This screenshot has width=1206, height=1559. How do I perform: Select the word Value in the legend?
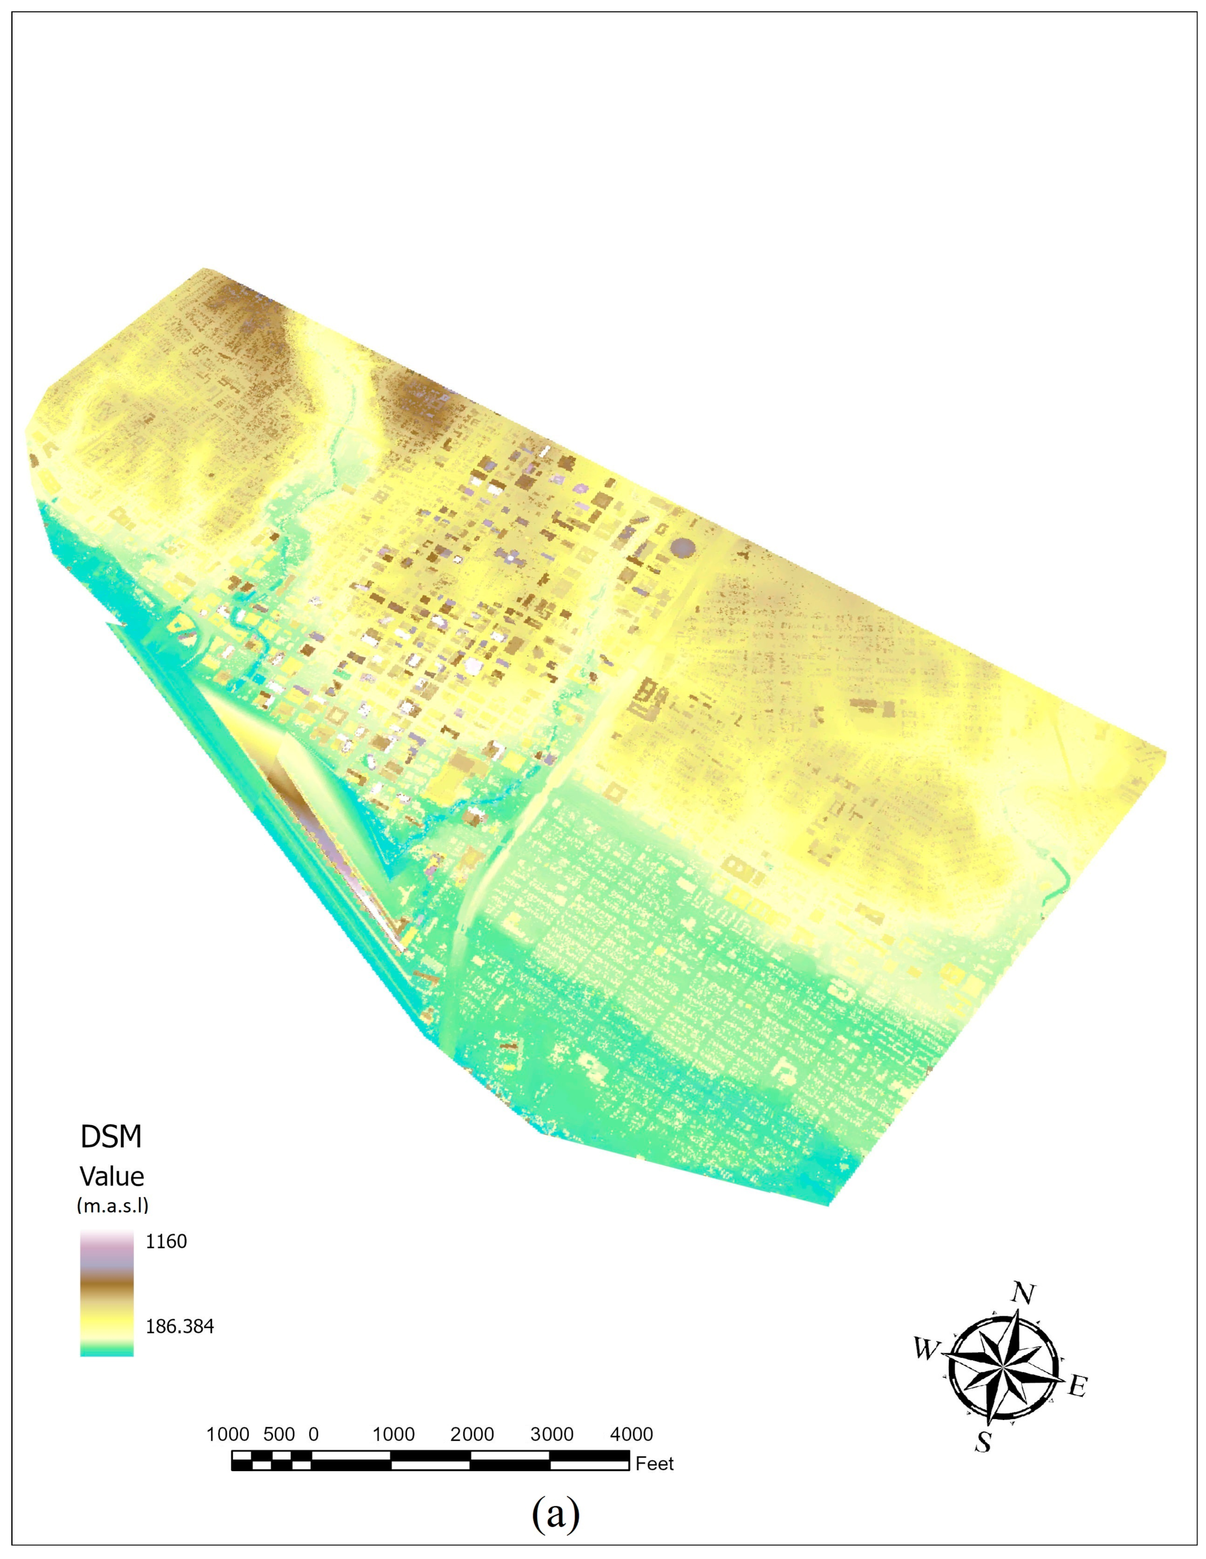pyautogui.click(x=112, y=1176)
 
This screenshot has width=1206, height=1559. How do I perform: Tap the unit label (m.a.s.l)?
pyautogui.click(x=112, y=1206)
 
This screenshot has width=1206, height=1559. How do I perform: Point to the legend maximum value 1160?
pyautogui.click(x=166, y=1241)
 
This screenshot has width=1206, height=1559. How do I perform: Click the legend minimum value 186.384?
pyautogui.click(x=180, y=1327)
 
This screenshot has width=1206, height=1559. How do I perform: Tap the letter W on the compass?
pyautogui.click(x=925, y=1349)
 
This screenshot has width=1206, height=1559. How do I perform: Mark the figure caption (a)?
pyautogui.click(x=555, y=1511)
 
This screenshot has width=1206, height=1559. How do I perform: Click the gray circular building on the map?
pyautogui.click(x=683, y=548)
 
